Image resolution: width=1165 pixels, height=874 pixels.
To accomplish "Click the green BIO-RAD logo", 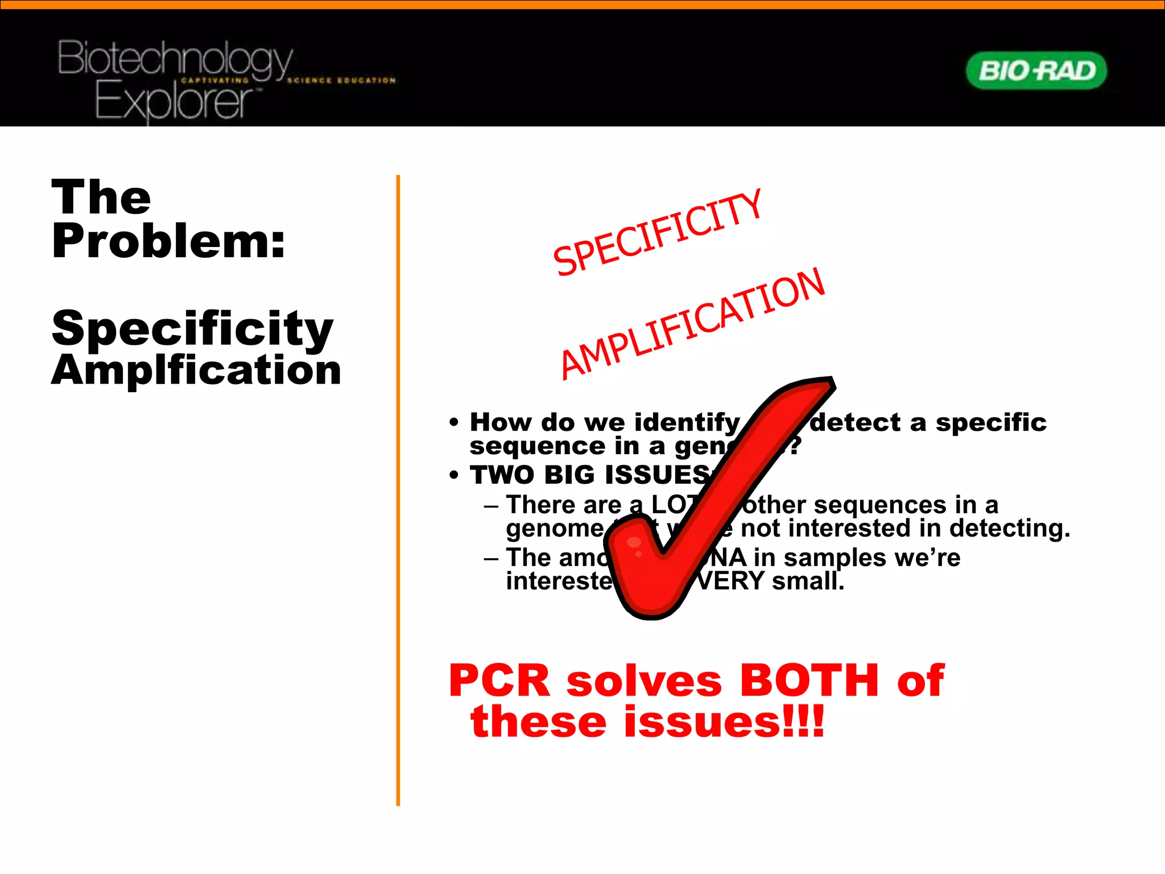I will pyautogui.click(x=1036, y=71).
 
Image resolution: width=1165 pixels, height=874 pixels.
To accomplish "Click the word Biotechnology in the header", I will pyautogui.click(x=175, y=59).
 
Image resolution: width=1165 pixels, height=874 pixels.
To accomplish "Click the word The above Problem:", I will pyautogui.click(x=101, y=197).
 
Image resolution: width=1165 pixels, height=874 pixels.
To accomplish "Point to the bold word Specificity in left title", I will pyautogui.click(x=192, y=328).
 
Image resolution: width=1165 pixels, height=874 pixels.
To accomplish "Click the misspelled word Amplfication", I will pyautogui.click(x=196, y=370).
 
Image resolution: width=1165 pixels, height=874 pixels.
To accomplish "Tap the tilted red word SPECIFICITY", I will pyautogui.click(x=657, y=233).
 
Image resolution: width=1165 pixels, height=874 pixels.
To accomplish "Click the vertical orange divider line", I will pyautogui.click(x=398, y=489).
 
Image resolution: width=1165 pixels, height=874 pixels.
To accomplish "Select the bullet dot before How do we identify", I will pyautogui.click(x=453, y=422).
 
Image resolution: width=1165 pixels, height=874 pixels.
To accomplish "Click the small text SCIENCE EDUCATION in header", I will pyautogui.click(x=341, y=80).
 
